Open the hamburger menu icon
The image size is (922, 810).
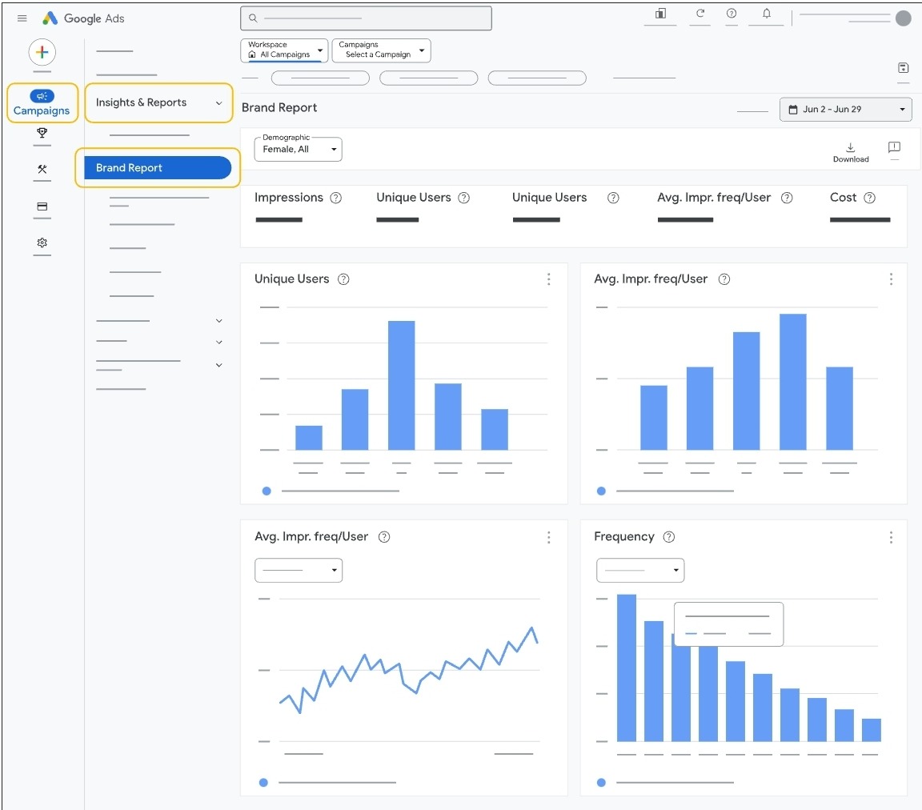[x=22, y=18]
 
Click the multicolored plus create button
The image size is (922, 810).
[x=42, y=53]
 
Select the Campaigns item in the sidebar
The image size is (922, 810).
[x=42, y=103]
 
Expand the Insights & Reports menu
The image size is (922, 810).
[x=159, y=103]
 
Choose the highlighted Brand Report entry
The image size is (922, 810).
[x=158, y=168]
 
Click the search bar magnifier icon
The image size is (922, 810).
[x=253, y=18]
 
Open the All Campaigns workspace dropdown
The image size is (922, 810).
[x=284, y=50]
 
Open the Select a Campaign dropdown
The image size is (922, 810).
[x=381, y=50]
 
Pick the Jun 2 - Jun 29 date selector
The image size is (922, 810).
[x=846, y=110]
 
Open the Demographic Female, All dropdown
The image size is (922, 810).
[x=298, y=149]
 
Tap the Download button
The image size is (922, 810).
[x=850, y=152]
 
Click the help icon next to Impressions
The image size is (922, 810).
[x=336, y=198]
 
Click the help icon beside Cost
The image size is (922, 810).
[x=870, y=198]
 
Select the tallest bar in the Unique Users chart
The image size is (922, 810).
[x=401, y=384]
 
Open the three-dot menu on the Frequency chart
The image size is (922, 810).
[x=891, y=537]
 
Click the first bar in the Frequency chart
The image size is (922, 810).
[x=626, y=668]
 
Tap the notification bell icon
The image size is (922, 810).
[x=767, y=14]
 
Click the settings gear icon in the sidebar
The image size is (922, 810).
[x=42, y=243]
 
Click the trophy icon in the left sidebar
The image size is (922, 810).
[x=42, y=134]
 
